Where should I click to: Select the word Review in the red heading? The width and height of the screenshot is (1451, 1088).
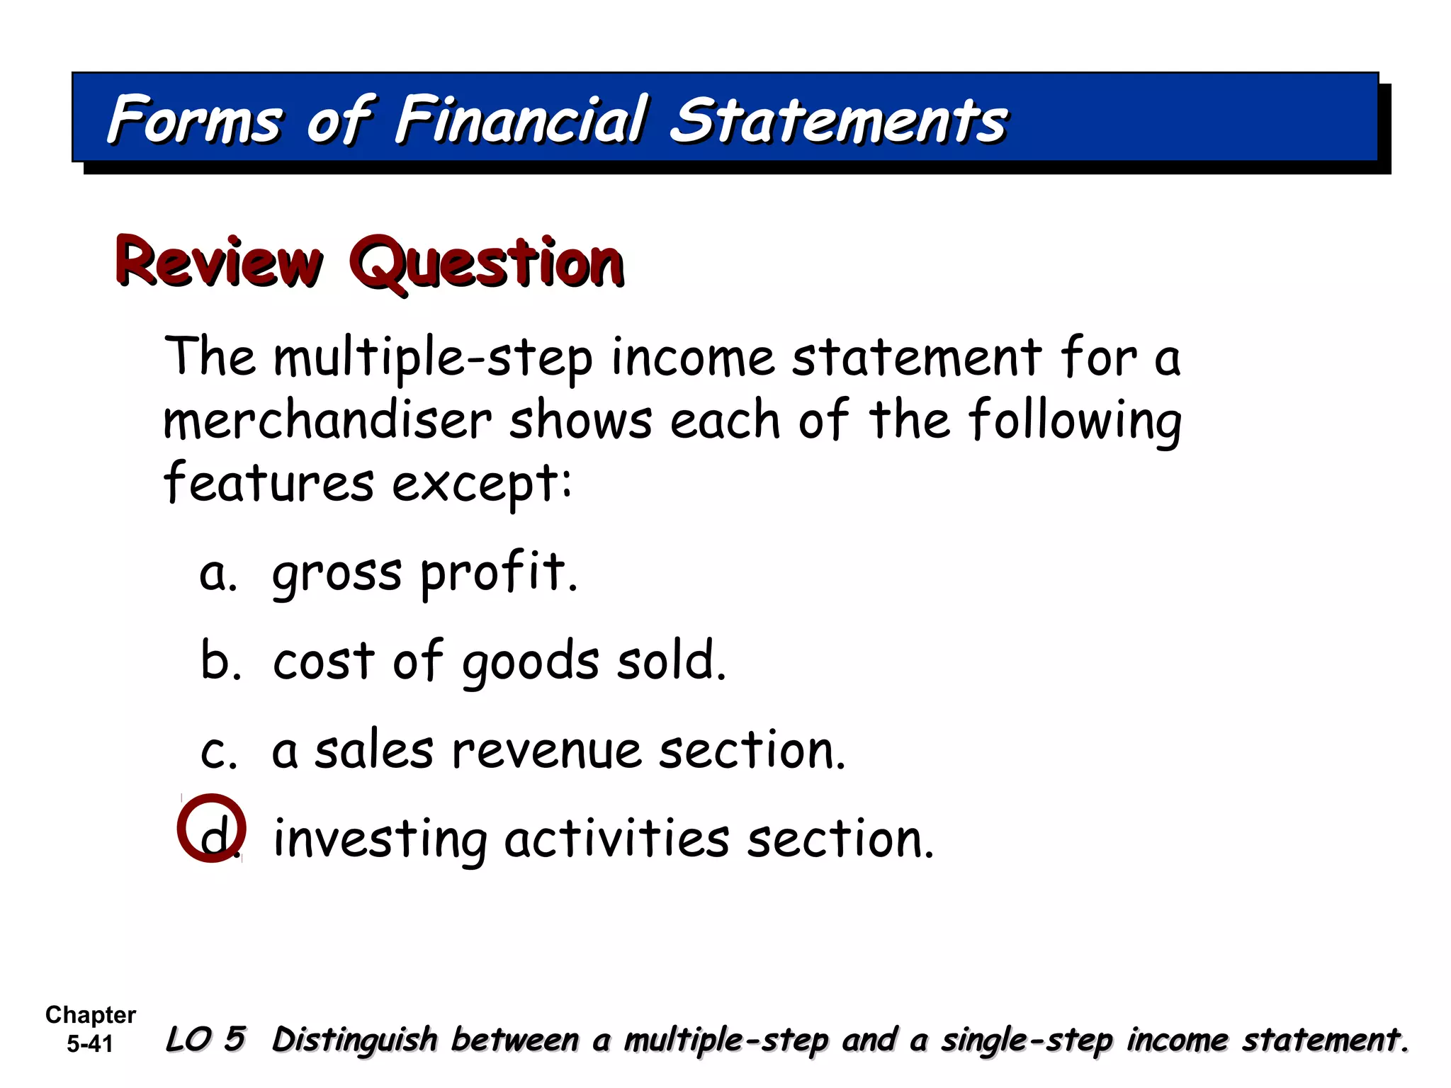[219, 262]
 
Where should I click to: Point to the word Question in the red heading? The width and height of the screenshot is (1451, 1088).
[487, 262]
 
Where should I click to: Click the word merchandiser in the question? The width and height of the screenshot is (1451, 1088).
[327, 421]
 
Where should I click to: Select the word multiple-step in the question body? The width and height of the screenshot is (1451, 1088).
[434, 358]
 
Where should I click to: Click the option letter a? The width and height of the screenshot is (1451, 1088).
[215, 574]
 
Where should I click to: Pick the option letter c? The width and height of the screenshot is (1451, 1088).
[215, 752]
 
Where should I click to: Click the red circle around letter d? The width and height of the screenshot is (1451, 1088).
[211, 827]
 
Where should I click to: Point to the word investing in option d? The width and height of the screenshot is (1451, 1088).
[380, 840]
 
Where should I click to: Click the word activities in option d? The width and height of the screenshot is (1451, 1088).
[616, 839]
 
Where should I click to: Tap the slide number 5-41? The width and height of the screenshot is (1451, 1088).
[90, 1044]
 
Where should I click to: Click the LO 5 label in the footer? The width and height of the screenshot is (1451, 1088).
[205, 1039]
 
